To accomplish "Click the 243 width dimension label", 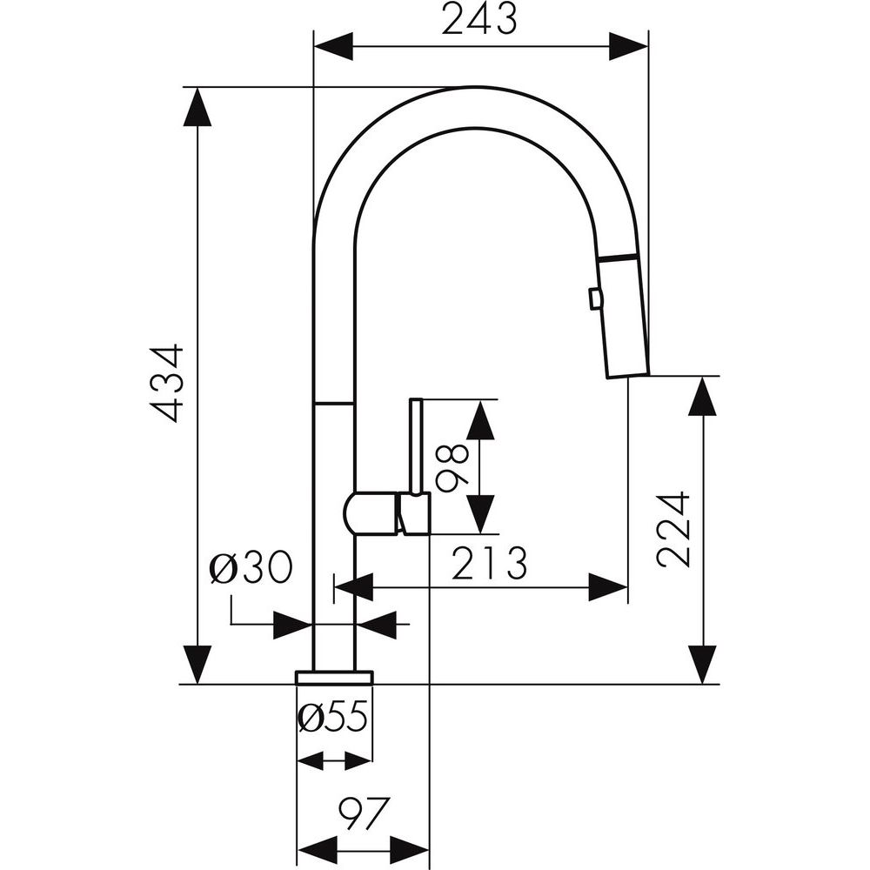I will (478, 18).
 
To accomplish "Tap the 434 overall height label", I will (165, 383).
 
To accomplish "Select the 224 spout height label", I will (674, 529).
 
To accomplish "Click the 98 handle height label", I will (452, 467).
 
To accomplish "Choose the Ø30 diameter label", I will (251, 569).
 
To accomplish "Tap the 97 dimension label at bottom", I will (361, 815).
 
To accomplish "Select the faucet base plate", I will (334, 677).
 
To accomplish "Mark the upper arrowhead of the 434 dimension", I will (199, 106).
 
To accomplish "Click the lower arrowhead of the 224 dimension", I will (702, 665).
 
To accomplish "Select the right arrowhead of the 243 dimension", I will (628, 45).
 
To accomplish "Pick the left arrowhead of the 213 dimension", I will (353, 588).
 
